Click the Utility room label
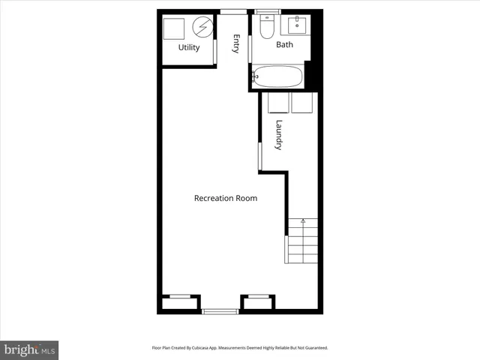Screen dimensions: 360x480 pyautogui.click(x=189, y=48)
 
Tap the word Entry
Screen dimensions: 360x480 pyautogui.click(x=236, y=44)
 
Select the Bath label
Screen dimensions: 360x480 pyautogui.click(x=284, y=45)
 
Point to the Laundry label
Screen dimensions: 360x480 pyautogui.click(x=278, y=134)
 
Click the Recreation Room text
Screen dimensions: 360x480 pyautogui.click(x=225, y=199)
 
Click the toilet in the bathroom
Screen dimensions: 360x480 pyautogui.click(x=265, y=27)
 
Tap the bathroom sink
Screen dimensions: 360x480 pyautogui.click(x=298, y=25)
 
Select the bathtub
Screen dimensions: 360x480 pyautogui.click(x=277, y=76)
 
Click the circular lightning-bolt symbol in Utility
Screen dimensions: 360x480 pyautogui.click(x=202, y=28)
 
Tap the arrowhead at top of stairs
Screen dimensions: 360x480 pyautogui.click(x=303, y=220)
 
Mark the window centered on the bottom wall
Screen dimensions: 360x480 pyautogui.click(x=220, y=311)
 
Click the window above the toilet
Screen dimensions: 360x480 pyautogui.click(x=266, y=12)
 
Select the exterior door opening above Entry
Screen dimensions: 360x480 pyautogui.click(x=232, y=11)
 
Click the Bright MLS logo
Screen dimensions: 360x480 pyautogui.click(x=30, y=349)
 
